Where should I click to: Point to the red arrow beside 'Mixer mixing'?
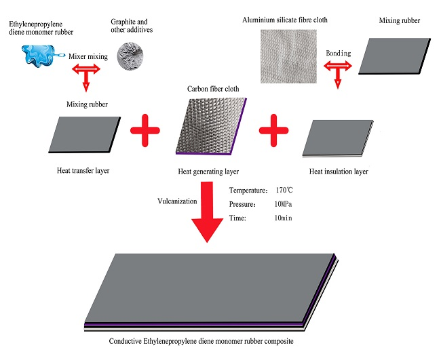click(x=85, y=70)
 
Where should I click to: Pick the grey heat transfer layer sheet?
click(x=84, y=134)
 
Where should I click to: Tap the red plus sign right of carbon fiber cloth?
click(x=275, y=130)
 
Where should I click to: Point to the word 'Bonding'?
click(x=339, y=52)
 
